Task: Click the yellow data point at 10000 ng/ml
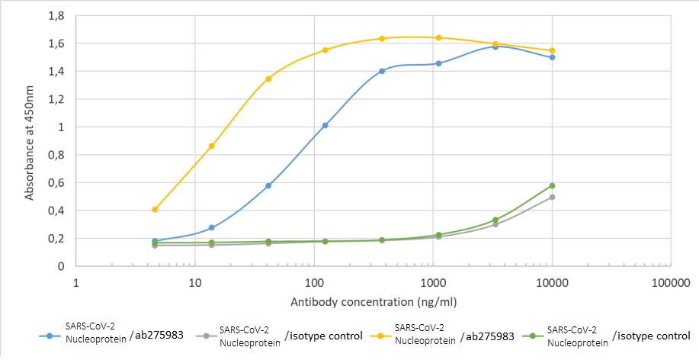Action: pos(552,50)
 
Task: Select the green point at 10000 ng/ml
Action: pos(552,185)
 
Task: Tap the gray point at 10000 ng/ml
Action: pos(552,197)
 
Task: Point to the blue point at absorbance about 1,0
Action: pos(325,125)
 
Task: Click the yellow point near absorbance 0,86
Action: pos(211,146)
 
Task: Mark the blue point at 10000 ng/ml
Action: pos(552,57)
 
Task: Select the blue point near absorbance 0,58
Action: pos(268,185)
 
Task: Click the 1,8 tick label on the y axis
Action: pos(55,15)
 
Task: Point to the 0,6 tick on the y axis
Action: pos(55,182)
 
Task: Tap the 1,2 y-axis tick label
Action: pos(55,99)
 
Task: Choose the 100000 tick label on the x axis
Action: pos(671,283)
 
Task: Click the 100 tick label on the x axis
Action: pos(314,283)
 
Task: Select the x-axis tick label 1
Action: pos(76,283)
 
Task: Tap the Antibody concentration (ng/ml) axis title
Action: pos(374,302)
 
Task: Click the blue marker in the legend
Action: pos(50,335)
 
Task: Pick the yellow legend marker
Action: pos(380,335)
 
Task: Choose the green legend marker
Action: pos(533,335)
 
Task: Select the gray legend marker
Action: pos(204,335)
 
